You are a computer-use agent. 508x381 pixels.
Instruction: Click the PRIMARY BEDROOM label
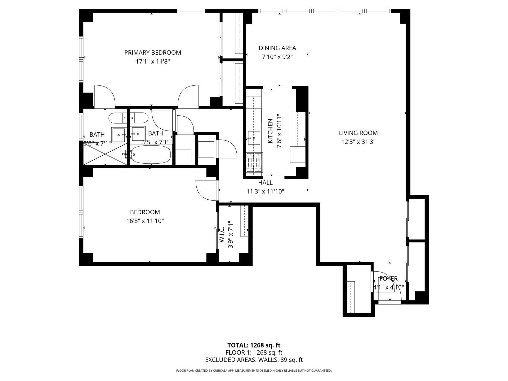click(x=153, y=53)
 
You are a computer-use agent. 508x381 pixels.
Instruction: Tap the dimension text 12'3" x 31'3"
click(x=358, y=142)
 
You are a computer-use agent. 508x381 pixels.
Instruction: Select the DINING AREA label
click(x=277, y=48)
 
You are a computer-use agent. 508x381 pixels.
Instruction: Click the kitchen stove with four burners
click(x=254, y=162)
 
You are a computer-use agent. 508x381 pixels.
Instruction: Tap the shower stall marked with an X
click(x=105, y=154)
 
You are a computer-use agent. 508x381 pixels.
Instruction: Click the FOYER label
click(x=388, y=279)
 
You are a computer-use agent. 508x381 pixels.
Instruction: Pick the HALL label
click(x=265, y=183)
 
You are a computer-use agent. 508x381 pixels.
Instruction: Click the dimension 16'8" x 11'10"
click(x=145, y=221)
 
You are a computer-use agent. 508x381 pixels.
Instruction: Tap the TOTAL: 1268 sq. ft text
click(x=254, y=345)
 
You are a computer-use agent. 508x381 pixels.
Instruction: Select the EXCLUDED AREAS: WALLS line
click(x=254, y=360)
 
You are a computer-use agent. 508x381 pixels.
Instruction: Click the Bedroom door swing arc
click(x=205, y=190)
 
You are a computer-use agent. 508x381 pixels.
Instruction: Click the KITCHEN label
click(x=270, y=131)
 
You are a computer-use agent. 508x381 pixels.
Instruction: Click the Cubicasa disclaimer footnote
click(x=254, y=370)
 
